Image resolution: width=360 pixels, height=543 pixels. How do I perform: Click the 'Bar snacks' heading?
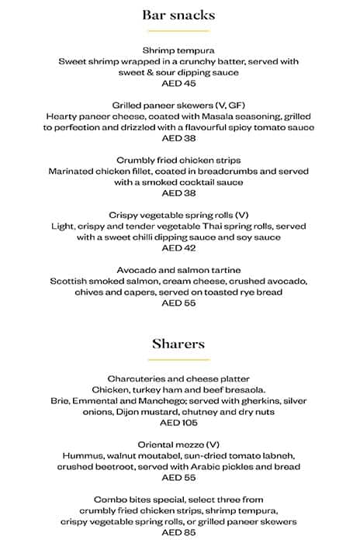[x=178, y=15]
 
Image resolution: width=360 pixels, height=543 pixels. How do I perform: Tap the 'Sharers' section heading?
[x=178, y=343]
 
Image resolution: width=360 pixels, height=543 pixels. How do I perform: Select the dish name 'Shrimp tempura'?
[x=178, y=50]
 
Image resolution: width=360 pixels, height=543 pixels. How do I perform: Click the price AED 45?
[x=178, y=83]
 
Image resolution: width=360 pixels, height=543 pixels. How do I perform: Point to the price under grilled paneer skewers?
[x=178, y=139]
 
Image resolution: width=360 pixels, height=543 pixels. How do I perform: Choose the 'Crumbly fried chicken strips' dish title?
[x=178, y=161]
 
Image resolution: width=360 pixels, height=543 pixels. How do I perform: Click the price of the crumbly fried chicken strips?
[x=178, y=194]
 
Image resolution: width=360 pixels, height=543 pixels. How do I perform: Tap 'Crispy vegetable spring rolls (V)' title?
[x=178, y=215]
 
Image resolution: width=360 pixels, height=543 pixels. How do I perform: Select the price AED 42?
[x=178, y=248]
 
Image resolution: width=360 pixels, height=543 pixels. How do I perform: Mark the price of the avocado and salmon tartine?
[x=178, y=303]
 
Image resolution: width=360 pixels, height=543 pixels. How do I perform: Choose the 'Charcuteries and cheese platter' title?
[x=178, y=379]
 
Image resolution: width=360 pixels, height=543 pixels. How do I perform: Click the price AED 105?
[x=178, y=423]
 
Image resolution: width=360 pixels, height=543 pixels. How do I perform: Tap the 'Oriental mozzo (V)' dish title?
[x=178, y=444]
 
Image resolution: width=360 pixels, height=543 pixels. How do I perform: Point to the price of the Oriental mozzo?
[x=178, y=478]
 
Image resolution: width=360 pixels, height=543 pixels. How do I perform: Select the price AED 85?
[x=178, y=533]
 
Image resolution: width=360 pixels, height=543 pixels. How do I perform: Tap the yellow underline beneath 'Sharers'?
[x=178, y=359]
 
